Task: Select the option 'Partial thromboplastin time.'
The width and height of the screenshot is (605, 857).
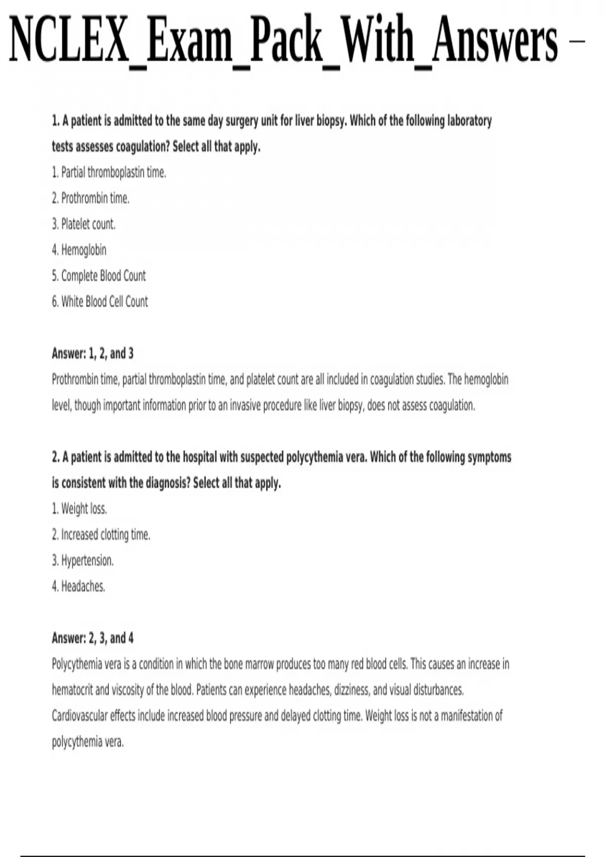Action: click(x=109, y=172)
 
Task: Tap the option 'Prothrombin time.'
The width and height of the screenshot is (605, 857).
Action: click(x=91, y=198)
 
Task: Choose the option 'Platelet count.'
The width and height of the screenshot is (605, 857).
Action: click(x=84, y=224)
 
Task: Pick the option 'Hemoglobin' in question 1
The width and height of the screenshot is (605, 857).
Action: click(x=79, y=250)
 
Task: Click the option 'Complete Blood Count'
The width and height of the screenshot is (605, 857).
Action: click(x=99, y=276)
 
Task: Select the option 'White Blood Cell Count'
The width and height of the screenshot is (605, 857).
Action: click(x=100, y=301)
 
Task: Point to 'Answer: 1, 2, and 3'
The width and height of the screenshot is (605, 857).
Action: click(x=93, y=353)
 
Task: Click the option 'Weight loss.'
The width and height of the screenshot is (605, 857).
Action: click(x=80, y=509)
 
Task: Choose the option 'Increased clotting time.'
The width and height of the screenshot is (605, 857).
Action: click(x=101, y=534)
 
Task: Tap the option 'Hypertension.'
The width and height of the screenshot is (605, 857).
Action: click(x=83, y=560)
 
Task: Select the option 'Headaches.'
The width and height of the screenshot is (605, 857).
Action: click(x=79, y=586)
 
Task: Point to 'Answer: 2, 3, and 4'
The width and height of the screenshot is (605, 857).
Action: click(x=93, y=638)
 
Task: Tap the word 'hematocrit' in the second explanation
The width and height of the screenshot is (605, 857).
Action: click(x=72, y=690)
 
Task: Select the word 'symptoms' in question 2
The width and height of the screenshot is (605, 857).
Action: click(x=489, y=457)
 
